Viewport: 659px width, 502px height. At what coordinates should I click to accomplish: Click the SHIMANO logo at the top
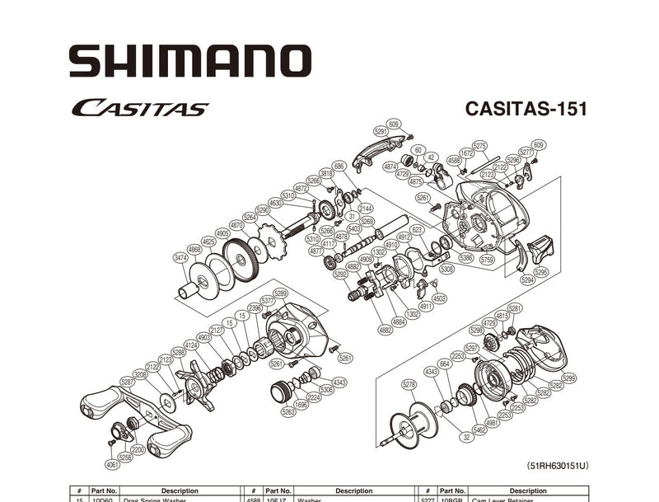pos(190,61)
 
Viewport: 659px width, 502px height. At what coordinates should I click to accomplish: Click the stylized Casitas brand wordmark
pos(139,108)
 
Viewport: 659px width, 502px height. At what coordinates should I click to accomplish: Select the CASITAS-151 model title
pos(526,109)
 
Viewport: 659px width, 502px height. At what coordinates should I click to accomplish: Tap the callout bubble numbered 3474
pos(180,258)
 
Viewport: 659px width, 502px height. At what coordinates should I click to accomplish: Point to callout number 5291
pos(381,130)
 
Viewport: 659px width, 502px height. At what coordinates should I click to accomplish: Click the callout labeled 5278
pos(409,385)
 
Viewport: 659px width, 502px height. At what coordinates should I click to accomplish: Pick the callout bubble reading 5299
pos(568,378)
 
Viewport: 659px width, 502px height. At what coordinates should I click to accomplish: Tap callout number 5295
pos(540,271)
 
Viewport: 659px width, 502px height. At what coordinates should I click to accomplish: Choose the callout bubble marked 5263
pos(288,411)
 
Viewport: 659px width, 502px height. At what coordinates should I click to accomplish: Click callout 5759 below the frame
pos(488,258)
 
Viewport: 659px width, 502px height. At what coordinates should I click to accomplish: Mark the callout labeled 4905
pos(222,233)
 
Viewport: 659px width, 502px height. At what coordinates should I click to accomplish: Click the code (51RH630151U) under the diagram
pos(559,466)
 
